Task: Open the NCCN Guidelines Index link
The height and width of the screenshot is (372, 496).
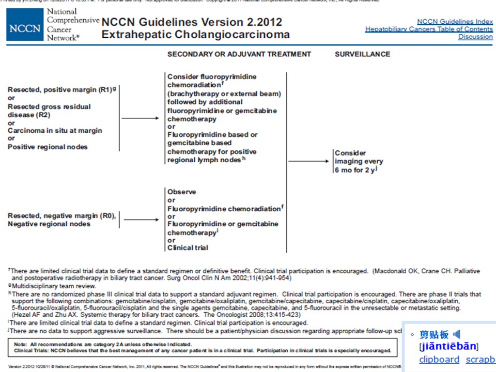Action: tap(455, 22)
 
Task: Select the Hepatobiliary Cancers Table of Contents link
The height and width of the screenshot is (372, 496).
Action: tap(429, 29)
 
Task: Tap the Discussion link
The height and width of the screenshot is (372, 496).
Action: tap(475, 37)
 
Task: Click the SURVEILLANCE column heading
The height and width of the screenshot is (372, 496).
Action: tap(362, 54)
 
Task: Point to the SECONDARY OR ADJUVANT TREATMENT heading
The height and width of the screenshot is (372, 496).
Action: tap(239, 54)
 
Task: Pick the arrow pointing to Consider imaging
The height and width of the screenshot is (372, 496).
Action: tap(308, 161)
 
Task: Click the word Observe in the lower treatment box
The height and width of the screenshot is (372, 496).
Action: tap(182, 192)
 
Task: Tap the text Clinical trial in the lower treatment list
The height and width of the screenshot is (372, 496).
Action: tap(188, 247)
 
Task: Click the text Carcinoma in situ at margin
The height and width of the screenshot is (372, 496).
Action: tap(55, 131)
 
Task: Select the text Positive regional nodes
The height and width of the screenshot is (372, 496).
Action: tap(48, 147)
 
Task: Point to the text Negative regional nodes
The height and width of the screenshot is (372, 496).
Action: tap(49, 224)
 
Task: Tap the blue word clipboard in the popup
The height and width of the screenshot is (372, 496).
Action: tap(439, 360)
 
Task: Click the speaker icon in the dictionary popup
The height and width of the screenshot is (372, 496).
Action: tap(456, 335)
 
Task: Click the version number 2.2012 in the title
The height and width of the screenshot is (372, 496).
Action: tap(259, 23)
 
